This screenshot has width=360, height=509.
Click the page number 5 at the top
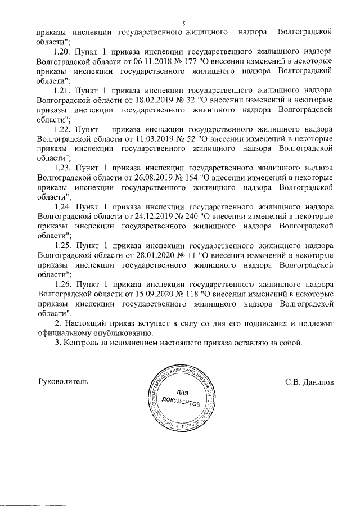(x=183, y=23)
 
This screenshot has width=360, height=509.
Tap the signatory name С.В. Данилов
(x=309, y=381)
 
